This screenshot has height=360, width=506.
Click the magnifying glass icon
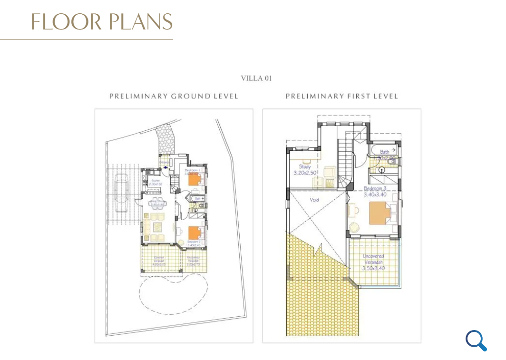coord(476,341)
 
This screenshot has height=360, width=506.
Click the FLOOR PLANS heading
coord(102,22)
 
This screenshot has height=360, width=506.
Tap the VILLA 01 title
coord(256,78)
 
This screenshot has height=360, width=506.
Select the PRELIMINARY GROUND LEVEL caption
coord(174,97)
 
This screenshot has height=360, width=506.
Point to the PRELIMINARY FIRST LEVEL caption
coord(341,97)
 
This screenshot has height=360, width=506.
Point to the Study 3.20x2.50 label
coord(305,170)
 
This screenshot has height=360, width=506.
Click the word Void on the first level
coord(314,200)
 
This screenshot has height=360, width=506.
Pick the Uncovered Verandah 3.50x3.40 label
coord(373,262)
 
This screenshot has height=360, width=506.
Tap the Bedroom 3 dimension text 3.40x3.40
coord(374,194)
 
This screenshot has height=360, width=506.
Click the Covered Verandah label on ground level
coord(159,260)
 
